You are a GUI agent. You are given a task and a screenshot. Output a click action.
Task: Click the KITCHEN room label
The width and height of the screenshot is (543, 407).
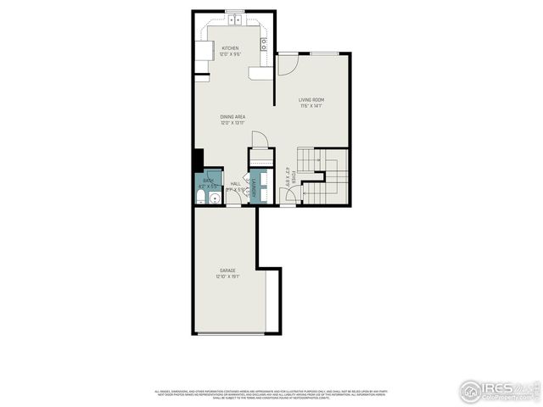click(x=230, y=48)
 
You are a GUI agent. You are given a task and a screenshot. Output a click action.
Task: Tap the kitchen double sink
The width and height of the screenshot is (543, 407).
click(x=235, y=20)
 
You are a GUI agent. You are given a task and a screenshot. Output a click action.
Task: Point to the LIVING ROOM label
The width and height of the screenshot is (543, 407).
click(x=311, y=100)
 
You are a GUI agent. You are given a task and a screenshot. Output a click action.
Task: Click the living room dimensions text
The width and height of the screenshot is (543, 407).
click(x=311, y=107)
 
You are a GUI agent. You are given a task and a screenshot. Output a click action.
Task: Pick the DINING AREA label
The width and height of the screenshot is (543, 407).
click(x=232, y=116)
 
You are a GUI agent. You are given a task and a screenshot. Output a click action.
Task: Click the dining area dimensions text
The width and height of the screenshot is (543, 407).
click(x=232, y=123)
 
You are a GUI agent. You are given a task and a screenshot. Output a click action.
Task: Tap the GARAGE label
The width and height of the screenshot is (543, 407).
click(x=227, y=270)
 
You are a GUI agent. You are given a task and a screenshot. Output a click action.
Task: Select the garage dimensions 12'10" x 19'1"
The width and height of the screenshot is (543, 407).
click(x=227, y=276)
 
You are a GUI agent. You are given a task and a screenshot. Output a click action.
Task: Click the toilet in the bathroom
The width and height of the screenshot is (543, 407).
click(x=201, y=196)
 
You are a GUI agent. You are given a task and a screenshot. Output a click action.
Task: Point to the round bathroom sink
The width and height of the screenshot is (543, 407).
click(x=215, y=198)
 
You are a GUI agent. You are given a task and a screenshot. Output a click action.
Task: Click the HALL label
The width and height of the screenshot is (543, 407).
click(x=235, y=183)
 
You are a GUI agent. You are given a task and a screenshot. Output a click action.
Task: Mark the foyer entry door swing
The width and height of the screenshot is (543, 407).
click(x=290, y=197)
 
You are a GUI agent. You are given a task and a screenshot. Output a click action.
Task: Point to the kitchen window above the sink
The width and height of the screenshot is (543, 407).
click(x=235, y=11)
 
